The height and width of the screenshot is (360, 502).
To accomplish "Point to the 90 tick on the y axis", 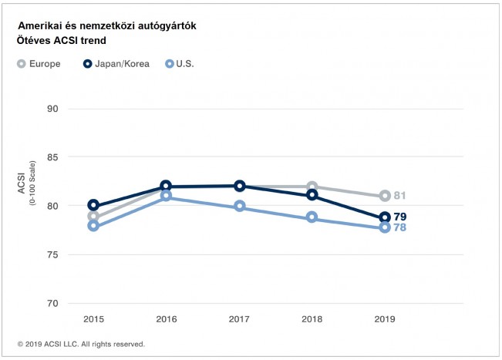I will (x=53, y=109).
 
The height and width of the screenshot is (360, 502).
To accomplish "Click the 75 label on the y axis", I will (x=53, y=254).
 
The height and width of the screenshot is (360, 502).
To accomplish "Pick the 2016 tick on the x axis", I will (x=166, y=318).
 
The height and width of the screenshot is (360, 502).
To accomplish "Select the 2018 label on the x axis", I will (x=312, y=318).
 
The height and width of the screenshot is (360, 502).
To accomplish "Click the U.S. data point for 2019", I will (x=385, y=228).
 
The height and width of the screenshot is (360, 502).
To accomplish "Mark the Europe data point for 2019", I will (x=385, y=196).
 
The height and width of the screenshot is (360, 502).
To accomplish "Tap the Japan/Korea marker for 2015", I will (x=93, y=205).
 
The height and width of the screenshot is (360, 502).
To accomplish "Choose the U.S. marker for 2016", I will (x=166, y=197).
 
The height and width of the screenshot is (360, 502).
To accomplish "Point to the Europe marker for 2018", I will (x=312, y=187).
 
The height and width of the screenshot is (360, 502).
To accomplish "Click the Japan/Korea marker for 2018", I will (x=312, y=195).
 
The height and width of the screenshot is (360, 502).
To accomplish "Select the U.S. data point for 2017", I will (x=239, y=207).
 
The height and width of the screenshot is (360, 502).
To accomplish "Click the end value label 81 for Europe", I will (x=399, y=196).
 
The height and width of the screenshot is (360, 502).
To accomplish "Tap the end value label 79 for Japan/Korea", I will (x=399, y=217).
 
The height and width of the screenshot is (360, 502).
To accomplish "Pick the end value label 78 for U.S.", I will (x=399, y=228).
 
